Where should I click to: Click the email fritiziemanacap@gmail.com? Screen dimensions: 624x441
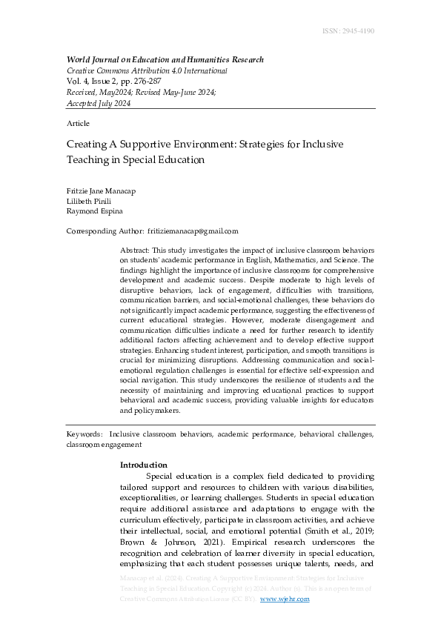193,231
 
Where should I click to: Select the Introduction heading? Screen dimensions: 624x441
143,465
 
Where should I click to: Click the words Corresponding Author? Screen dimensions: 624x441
104,231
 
